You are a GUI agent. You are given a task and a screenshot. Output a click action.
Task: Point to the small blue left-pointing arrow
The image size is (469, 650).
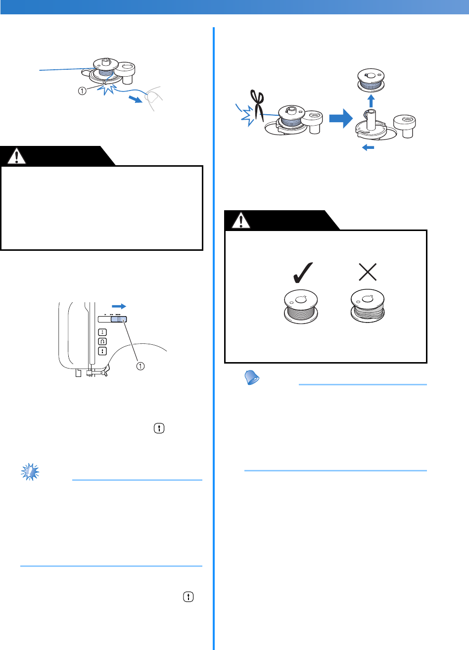368,147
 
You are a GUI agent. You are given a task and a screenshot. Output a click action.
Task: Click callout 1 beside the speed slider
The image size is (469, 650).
141,366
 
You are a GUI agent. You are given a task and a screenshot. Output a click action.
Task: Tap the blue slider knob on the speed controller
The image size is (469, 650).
119,320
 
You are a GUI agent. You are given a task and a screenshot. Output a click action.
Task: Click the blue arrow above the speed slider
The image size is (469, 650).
119,307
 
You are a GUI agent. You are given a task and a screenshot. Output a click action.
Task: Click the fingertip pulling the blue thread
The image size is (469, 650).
154,99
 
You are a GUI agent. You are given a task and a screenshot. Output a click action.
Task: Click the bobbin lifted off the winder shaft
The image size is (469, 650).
371,79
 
